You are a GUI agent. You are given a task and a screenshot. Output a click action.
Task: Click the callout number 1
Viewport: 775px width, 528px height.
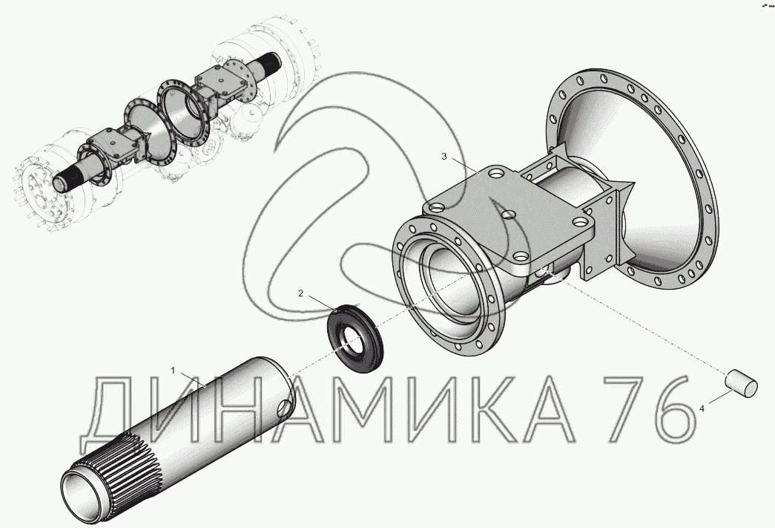pos(173,370)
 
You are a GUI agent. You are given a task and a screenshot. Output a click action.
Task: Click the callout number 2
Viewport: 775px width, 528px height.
pos(300,293)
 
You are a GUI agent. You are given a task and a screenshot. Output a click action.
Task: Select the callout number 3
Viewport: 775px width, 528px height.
pos(443,157)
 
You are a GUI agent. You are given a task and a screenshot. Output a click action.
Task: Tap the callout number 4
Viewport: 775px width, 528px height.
pos(702,408)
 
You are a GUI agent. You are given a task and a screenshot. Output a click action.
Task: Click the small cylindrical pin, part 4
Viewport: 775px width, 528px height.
pos(741,383)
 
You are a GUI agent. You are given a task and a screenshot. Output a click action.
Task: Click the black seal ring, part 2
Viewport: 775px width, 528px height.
pos(356,339)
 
